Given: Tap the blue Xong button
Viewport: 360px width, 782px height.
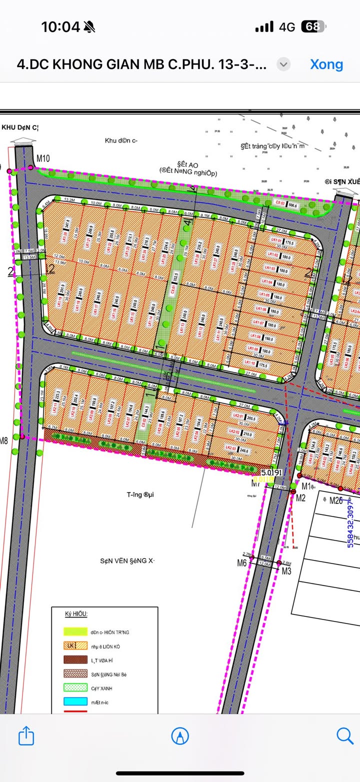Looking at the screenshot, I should click(x=326, y=64).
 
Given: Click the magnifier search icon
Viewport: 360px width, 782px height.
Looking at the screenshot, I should click(x=344, y=735).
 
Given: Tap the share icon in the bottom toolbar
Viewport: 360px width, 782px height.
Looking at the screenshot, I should click(x=26, y=735).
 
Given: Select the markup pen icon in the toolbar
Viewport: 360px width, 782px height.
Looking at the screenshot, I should click(x=180, y=735).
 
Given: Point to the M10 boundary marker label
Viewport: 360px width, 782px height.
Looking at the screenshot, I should click(x=43, y=158).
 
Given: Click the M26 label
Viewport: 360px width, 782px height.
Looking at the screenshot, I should click(x=335, y=500).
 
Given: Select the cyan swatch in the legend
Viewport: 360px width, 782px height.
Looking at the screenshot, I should click(x=74, y=702).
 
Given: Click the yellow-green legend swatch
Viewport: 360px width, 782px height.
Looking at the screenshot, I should click(x=74, y=632).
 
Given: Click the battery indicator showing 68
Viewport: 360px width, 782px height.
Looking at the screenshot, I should click(x=313, y=26).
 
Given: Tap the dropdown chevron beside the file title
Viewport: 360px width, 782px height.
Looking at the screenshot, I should click(x=283, y=64).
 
